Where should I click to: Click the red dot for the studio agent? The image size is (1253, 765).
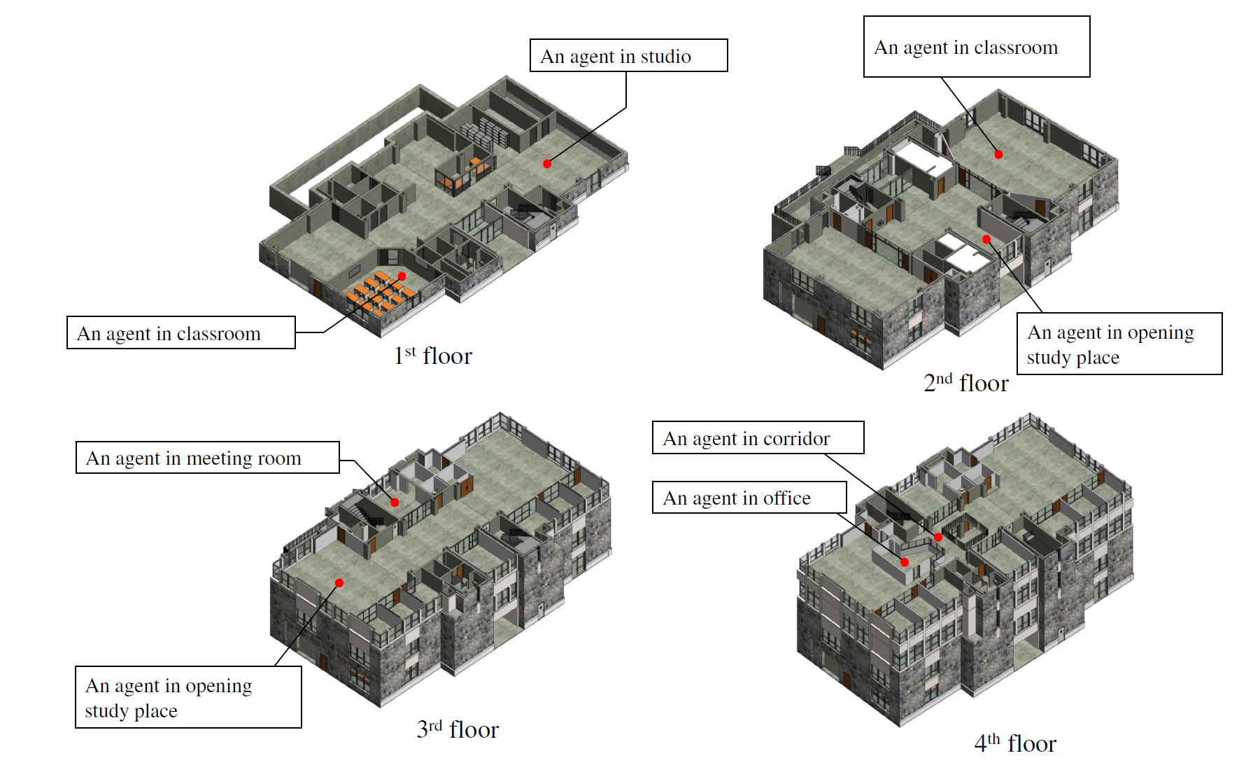coord(547,164)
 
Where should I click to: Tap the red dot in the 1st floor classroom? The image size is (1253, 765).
coord(402,276)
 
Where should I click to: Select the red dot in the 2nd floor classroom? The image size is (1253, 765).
coord(998,155)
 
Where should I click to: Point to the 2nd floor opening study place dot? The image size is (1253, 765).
coord(986,239)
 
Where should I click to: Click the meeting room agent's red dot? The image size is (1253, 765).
coord(395,503)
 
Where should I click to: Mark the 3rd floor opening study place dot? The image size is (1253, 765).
coord(339,583)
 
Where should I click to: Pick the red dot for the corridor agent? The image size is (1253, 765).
coord(938,538)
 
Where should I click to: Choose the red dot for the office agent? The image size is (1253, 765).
coord(905,562)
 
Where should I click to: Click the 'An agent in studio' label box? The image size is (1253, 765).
coord(628,56)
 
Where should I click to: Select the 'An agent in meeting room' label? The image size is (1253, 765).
coord(207,458)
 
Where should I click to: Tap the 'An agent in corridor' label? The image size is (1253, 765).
coord(758,438)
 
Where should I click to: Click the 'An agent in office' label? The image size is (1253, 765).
coord(749,498)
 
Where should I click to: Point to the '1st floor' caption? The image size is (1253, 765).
coord(433,356)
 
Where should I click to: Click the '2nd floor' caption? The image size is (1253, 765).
coord(965,383)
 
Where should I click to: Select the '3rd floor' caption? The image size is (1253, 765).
coord(458,729)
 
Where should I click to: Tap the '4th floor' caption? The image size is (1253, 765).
coord(1015,743)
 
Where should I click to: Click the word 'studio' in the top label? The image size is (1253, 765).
coord(665,57)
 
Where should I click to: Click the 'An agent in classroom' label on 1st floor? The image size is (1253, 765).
coord(180,333)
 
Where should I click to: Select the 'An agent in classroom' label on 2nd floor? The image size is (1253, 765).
coord(976,47)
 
